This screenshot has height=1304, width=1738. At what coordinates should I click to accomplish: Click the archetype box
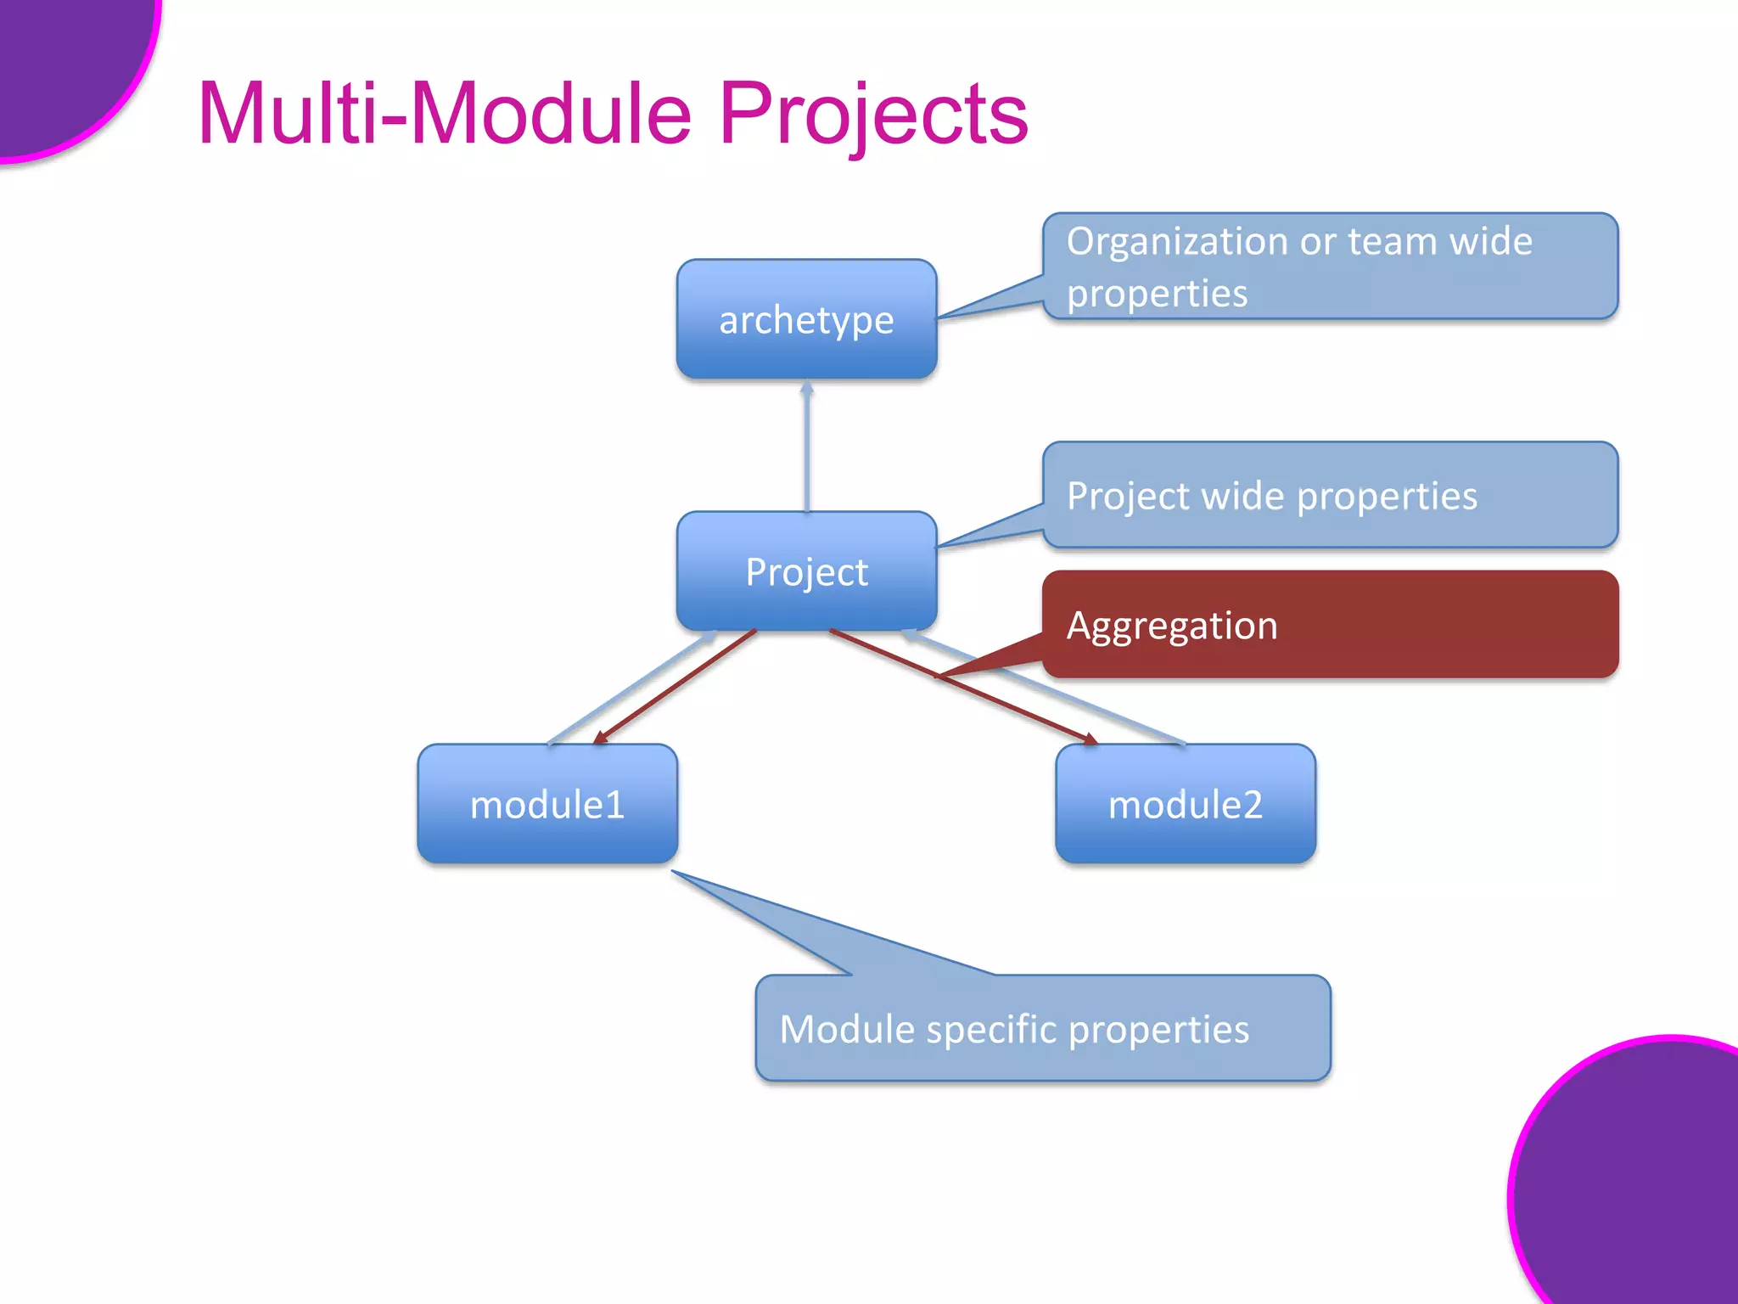806,319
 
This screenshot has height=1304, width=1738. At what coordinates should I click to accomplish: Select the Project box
806,570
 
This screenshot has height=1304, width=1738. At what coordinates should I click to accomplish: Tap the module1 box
547,803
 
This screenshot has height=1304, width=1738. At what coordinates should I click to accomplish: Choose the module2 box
1186,803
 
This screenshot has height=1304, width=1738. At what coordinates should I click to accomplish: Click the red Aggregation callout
1330,625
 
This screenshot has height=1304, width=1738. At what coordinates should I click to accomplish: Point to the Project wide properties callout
1330,495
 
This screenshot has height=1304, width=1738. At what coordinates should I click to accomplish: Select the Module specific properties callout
1042,1028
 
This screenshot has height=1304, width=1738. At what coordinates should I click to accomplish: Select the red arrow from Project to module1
675,687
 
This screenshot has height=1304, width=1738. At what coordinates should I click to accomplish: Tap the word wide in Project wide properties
1242,496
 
